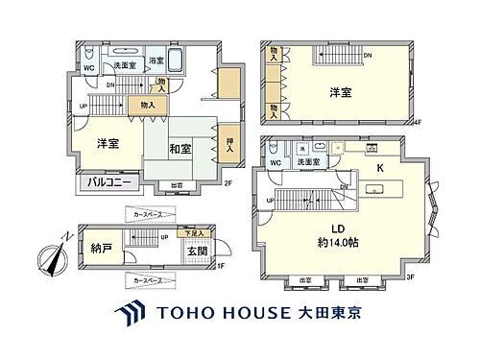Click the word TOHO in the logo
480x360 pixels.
[x=184, y=314]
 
